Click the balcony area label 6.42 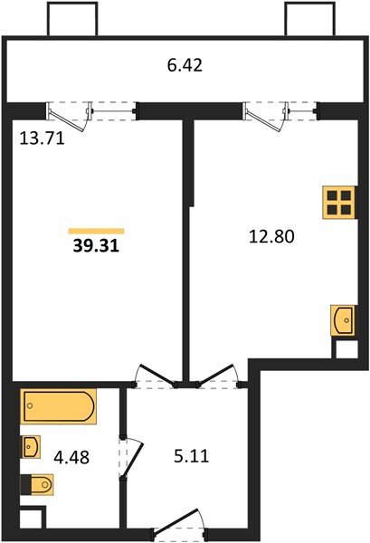[185, 65]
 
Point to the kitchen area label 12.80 [272, 237]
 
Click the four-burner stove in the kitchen [339, 202]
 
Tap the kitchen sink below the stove [343, 319]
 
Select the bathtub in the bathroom [57, 406]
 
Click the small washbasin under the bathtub [32, 445]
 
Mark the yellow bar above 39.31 [96, 231]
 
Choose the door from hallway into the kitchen [216, 375]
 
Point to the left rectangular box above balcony [68, 19]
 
